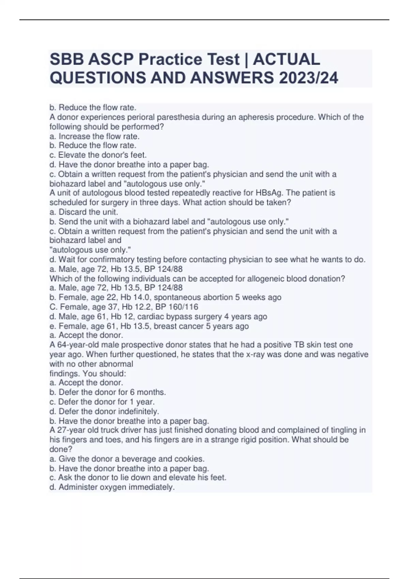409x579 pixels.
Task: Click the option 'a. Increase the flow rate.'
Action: pyautogui.click(x=94, y=136)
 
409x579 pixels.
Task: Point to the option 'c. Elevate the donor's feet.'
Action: pyautogui.click(x=98, y=155)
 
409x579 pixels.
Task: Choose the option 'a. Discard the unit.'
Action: pyautogui.click(x=84, y=212)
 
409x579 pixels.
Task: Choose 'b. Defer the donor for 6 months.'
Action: pyautogui.click(x=108, y=392)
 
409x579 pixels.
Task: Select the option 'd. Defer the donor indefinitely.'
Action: pyautogui.click(x=104, y=411)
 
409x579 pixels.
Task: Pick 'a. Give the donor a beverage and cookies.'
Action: pyautogui.click(x=127, y=459)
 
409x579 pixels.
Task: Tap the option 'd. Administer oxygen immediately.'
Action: pyautogui.click(x=112, y=487)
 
